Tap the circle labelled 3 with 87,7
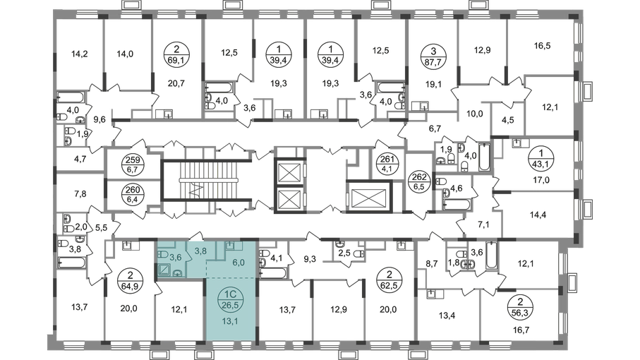click(433, 56)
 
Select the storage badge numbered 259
click(133, 165)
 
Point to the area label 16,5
click(542, 46)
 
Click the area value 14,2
click(80, 54)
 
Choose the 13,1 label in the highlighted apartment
click(231, 321)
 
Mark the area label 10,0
click(474, 114)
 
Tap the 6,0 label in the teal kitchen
click(239, 263)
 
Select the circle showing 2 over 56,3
click(520, 308)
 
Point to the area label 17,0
click(541, 179)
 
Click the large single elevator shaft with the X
click(369, 196)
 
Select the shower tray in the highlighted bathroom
click(166, 270)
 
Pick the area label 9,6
click(99, 119)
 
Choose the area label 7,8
click(80, 194)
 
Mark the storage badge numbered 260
click(133, 195)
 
